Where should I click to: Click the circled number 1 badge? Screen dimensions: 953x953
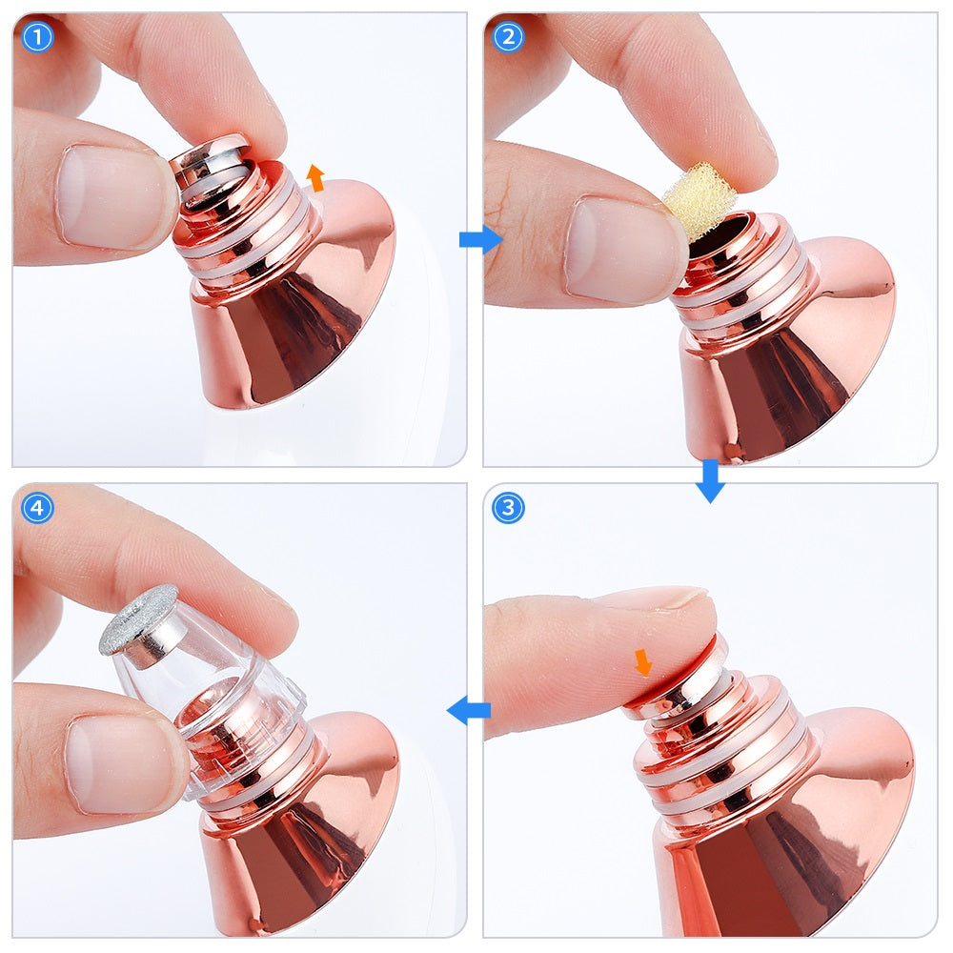point(37,37)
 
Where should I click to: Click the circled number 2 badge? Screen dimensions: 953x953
point(508,37)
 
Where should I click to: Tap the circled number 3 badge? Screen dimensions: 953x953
point(508,508)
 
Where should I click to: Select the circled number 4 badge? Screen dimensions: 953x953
point(37,508)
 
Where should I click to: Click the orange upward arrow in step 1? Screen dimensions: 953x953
point(315,177)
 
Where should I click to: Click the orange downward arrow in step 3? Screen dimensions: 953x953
point(643,662)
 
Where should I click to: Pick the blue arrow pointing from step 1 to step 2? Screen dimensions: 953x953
point(480,239)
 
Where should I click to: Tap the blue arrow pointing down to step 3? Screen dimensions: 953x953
point(710,480)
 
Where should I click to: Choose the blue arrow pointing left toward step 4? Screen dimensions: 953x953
point(469,710)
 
